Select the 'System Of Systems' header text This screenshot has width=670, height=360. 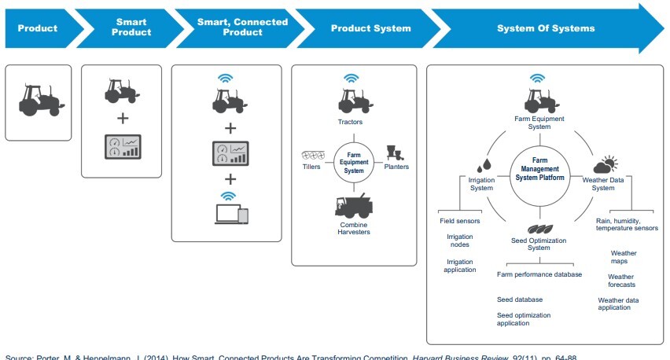[x=545, y=28]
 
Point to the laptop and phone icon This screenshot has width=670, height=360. [x=226, y=215]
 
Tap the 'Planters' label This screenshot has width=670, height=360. [x=397, y=166]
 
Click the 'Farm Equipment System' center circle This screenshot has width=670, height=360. [x=352, y=160]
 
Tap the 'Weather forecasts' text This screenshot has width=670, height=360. [x=621, y=280]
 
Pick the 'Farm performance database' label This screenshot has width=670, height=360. [x=539, y=274]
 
